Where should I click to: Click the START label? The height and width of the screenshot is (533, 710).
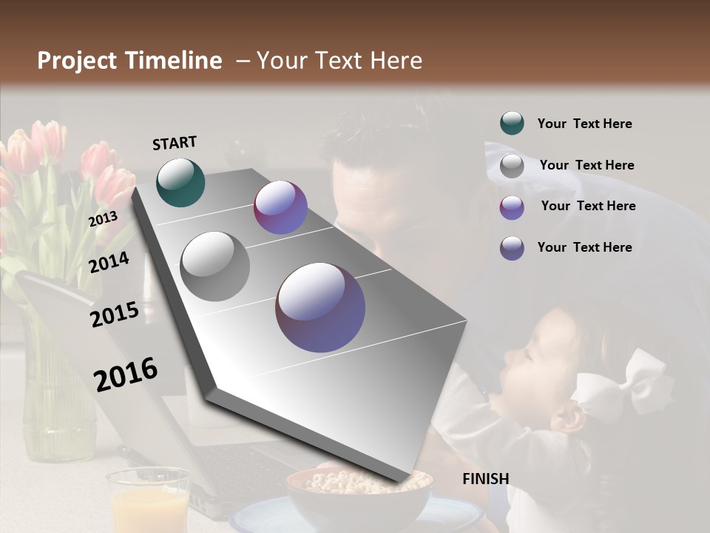[x=175, y=143]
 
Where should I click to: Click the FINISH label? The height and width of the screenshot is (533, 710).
[x=486, y=479]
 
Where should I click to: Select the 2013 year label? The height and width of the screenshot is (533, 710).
[x=103, y=219]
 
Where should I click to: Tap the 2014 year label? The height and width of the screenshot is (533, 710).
[x=109, y=262]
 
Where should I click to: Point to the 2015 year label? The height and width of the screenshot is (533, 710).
[x=115, y=315]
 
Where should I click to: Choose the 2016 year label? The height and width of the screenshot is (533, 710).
[x=126, y=374]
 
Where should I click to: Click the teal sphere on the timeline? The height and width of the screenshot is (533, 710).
[x=180, y=182]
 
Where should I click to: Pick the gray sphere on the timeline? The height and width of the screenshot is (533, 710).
[x=215, y=266]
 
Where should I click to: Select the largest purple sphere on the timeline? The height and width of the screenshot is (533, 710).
[x=320, y=306]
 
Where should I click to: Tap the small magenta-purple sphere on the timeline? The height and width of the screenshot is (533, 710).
[x=280, y=207]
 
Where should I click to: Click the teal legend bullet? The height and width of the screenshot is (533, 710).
[x=512, y=124]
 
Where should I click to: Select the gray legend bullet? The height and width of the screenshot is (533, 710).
[x=512, y=165]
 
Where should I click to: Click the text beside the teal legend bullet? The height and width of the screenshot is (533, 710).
[x=584, y=124]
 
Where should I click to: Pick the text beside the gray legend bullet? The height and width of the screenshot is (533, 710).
[x=586, y=165]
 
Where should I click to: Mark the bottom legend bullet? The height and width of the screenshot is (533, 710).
[x=512, y=247]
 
